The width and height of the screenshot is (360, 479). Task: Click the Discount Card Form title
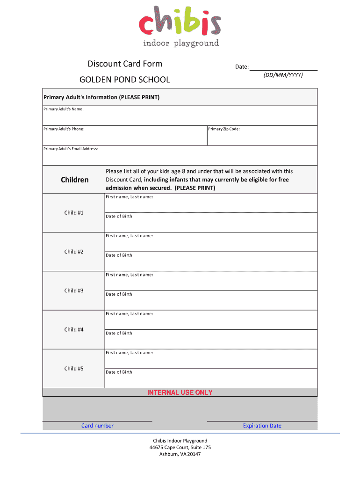(x=125, y=64)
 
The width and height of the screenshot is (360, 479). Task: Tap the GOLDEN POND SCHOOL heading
(x=124, y=80)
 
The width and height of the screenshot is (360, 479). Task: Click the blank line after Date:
(x=284, y=66)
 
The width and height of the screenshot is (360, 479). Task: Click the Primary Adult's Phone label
(x=64, y=129)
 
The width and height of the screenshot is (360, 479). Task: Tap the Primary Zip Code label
(x=224, y=129)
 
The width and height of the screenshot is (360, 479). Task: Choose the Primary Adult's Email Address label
(x=71, y=149)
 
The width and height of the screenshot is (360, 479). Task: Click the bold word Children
(x=75, y=180)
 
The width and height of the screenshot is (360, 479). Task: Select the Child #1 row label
(x=74, y=213)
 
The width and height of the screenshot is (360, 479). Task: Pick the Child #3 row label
(x=74, y=290)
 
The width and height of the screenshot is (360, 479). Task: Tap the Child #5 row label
(x=74, y=369)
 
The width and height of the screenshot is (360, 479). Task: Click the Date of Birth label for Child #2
(x=120, y=255)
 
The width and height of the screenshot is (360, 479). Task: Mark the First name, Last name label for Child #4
(x=130, y=314)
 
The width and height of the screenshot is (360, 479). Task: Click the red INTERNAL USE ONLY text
(x=180, y=392)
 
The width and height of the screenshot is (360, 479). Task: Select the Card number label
(x=97, y=426)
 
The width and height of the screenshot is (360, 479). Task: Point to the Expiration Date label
(x=262, y=426)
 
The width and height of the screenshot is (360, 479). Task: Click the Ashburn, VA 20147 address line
(x=180, y=454)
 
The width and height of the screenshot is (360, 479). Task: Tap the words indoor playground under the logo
(x=180, y=44)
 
